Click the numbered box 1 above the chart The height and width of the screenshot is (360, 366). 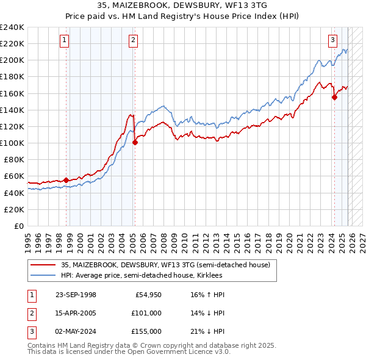coord(65,41)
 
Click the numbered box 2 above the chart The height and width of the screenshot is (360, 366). coord(133,41)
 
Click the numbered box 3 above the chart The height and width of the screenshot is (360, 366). coord(332,41)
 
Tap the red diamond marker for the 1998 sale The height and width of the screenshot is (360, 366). coord(66,180)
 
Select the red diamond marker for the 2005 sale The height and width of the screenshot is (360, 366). coord(135,142)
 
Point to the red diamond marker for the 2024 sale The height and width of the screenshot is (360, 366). coord(334,97)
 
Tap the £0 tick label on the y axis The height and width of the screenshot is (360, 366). coord(18,226)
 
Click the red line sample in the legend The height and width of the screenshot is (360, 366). coord(44,265)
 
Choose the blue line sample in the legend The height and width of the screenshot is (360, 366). coord(44,275)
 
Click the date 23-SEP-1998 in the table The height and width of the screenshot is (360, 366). coord(76,295)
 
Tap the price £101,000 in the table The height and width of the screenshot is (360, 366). coord(146,313)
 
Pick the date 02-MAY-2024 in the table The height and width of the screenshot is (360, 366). coord(76,331)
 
